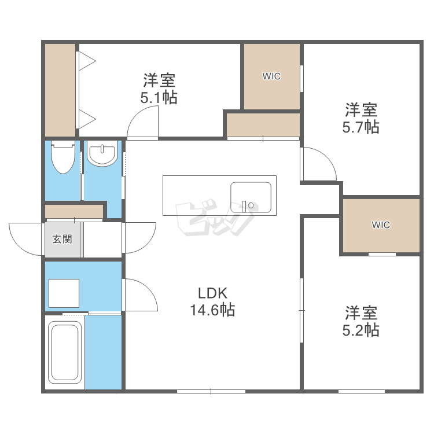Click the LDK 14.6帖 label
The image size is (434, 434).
coord(212,301)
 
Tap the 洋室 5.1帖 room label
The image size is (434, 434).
coord(159,89)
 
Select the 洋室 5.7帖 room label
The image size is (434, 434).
coord(361,118)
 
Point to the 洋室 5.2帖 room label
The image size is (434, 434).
coord(361,321)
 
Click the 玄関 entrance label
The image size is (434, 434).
coord(62,239)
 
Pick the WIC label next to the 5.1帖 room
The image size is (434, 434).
coord(271,76)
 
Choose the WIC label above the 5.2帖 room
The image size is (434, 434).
coord(381,225)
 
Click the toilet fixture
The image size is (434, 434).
coord(63,157)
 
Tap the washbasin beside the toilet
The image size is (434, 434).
coord(102,154)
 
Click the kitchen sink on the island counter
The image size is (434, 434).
coord(251,197)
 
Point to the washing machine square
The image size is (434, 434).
coord(64,293)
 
